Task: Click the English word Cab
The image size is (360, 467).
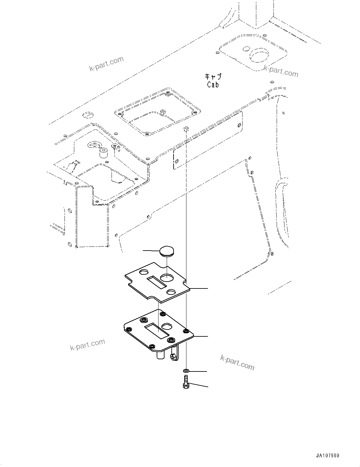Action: coord(213,85)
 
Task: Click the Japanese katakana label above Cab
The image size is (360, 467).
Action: coord(213,76)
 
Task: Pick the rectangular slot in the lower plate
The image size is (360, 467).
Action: coord(156,331)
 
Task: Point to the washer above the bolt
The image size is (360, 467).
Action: coord(186,371)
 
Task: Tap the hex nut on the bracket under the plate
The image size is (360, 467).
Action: coord(173,357)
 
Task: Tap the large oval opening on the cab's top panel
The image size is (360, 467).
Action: coord(259,55)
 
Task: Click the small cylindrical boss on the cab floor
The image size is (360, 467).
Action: coord(103,153)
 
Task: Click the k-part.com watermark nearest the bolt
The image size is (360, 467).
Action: coord(237,363)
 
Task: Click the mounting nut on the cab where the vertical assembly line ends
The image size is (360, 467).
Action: coord(186,128)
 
